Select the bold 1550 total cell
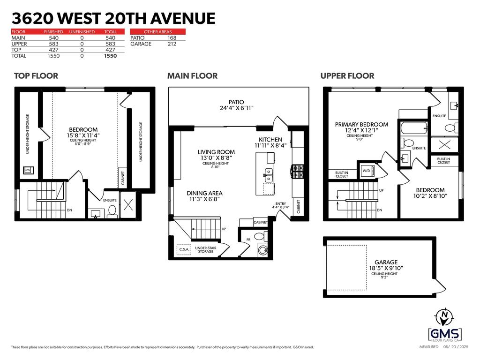(x=110, y=56)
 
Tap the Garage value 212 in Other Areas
(x=172, y=44)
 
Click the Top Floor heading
(x=36, y=75)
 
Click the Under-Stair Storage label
(x=204, y=249)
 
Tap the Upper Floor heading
(x=347, y=75)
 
